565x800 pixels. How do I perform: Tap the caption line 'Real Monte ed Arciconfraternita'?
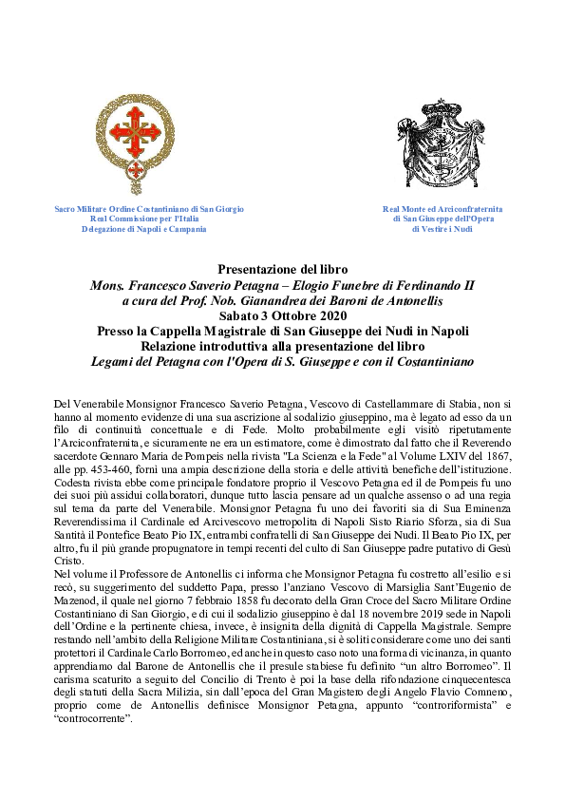[443, 208]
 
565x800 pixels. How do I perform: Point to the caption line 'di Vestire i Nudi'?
[443, 229]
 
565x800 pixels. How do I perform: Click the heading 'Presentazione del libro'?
[282, 270]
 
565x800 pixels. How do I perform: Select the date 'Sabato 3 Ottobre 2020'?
[282, 314]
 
